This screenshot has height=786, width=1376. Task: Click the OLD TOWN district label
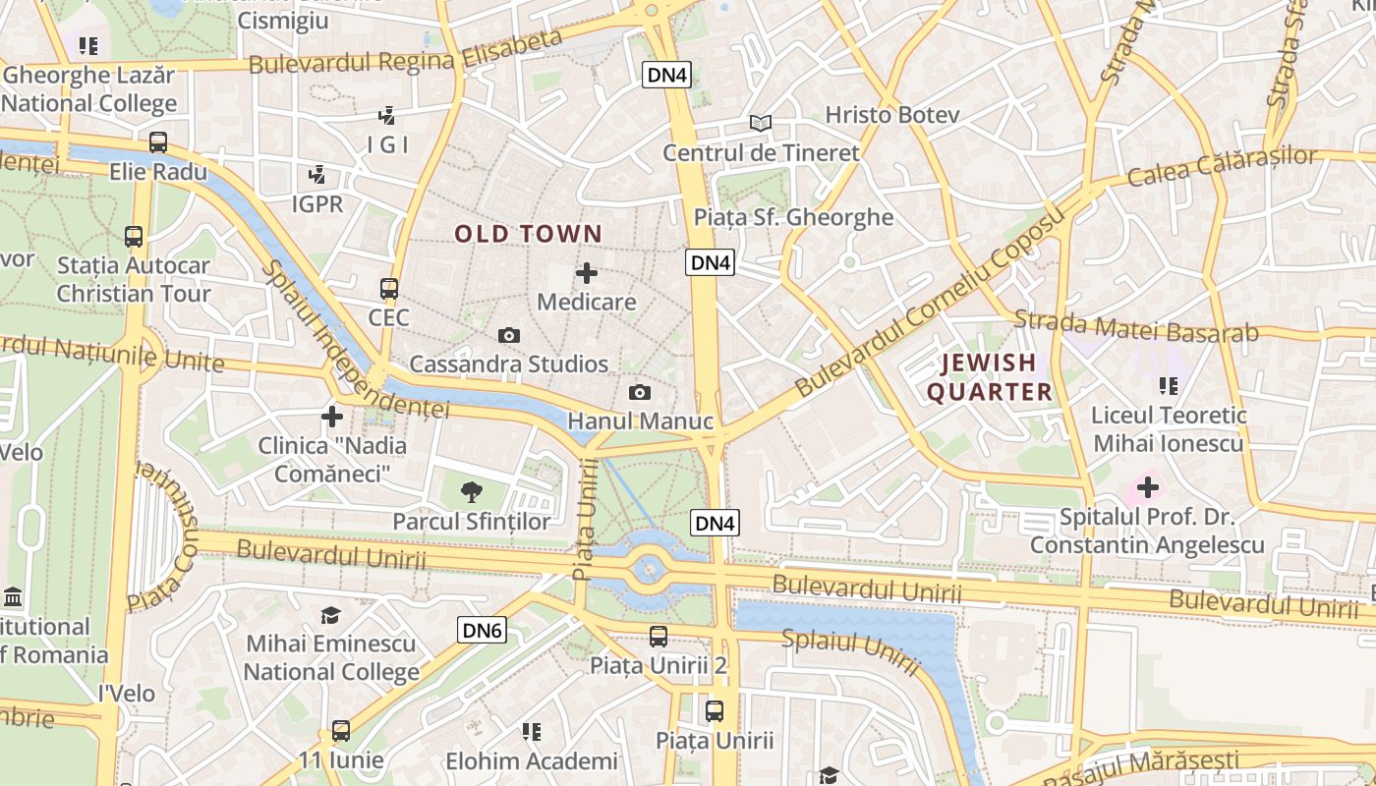pos(528,234)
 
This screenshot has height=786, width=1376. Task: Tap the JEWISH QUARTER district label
pos(989,377)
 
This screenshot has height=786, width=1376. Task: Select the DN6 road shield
pos(482,630)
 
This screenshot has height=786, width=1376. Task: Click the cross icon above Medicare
pos(587,273)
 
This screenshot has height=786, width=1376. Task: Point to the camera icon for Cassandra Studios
pos(508,336)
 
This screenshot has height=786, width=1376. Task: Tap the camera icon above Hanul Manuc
pos(640,393)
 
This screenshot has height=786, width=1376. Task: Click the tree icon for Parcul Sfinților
pos(472,492)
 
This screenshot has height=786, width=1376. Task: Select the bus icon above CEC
pos(389,289)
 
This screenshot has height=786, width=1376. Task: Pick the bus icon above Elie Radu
pos(158,142)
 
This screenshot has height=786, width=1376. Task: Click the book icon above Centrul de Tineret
pos(760,124)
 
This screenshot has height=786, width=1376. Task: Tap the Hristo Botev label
pos(891,115)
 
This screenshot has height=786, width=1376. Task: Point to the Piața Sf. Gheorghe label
pos(793,217)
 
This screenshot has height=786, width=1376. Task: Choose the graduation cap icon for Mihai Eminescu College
pos(330,615)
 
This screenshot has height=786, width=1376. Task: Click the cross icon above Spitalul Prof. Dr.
pos(1147,487)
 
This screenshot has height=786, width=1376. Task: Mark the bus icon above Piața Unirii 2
pos(659,637)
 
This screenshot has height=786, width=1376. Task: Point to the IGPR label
pos(317,203)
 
